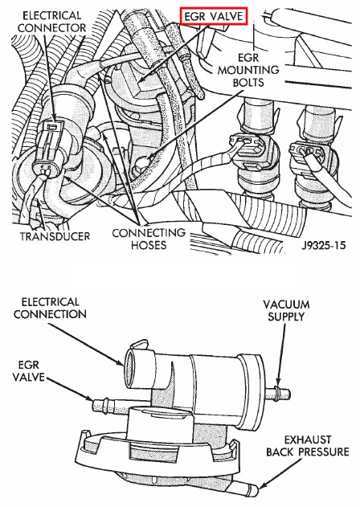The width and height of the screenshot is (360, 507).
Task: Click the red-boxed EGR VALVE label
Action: click(214, 16)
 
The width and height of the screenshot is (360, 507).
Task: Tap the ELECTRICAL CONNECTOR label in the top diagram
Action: click(52, 22)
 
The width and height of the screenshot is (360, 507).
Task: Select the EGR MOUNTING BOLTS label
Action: click(248, 70)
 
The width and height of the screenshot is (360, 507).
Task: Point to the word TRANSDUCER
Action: click(55, 236)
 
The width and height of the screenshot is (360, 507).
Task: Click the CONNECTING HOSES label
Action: click(149, 239)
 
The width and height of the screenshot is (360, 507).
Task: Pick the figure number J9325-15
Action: click(324, 245)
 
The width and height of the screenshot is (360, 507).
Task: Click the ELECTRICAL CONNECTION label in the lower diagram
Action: click(50, 309)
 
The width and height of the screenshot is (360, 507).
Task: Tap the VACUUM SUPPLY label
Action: click(286, 311)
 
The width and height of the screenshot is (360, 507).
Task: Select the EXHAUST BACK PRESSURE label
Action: click(308, 446)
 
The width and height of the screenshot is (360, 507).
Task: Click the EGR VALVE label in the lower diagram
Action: click(28, 371)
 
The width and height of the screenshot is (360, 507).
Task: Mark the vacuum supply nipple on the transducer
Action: click(277, 393)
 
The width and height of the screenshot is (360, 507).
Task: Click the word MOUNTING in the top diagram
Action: click(248, 70)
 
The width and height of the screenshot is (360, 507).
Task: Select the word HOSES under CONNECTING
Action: click(149, 245)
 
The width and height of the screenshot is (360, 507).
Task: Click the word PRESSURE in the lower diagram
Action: click(324, 452)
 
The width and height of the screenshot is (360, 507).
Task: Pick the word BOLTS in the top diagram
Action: click(248, 83)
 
